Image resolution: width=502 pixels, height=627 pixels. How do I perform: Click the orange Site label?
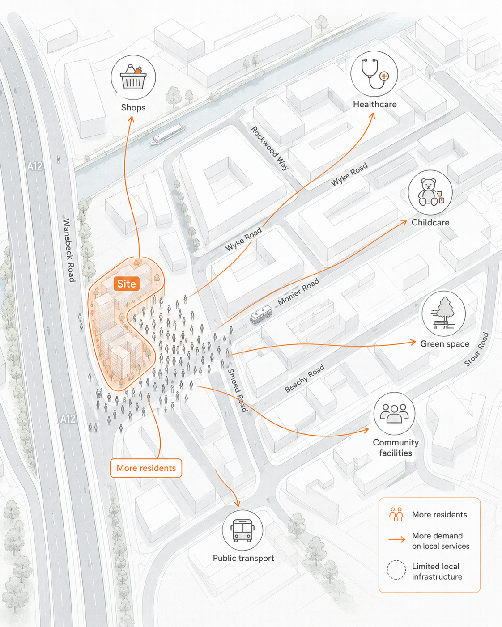pyautogui.click(x=127, y=284)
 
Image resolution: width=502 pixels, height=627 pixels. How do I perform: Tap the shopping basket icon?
pyautogui.click(x=133, y=77)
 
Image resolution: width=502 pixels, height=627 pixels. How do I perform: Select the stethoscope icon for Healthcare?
pyautogui.click(x=374, y=74)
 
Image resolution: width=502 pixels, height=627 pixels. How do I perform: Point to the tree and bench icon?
pyautogui.click(x=443, y=313)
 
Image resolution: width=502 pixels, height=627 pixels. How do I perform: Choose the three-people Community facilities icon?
pyautogui.click(x=394, y=413)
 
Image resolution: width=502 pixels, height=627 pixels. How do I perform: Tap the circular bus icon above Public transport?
pyautogui.click(x=242, y=530)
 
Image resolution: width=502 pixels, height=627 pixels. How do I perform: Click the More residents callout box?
pyautogui.click(x=146, y=468)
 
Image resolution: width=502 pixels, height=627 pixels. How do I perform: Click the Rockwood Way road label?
pyautogui.click(x=270, y=148)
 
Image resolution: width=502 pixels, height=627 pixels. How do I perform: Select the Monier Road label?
pyautogui.click(x=298, y=292)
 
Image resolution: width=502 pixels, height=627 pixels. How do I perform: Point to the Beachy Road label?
pyautogui.click(x=304, y=378)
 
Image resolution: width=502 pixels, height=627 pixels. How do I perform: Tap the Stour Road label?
pyautogui.click(x=476, y=349)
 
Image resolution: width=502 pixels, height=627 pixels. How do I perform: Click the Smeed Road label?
pyautogui.click(x=237, y=390)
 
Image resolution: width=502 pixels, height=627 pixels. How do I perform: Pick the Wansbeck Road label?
pyautogui.click(x=69, y=250)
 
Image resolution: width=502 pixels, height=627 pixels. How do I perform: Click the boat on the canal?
pyautogui.click(x=168, y=135)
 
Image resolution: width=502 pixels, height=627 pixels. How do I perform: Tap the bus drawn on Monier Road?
pyautogui.click(x=261, y=314)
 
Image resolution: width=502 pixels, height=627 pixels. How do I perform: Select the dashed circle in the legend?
pyautogui.click(x=396, y=570)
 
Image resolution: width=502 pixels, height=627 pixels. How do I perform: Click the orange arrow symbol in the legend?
pyautogui.click(x=397, y=539)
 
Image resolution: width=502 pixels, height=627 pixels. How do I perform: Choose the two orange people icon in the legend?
pyautogui.click(x=396, y=514)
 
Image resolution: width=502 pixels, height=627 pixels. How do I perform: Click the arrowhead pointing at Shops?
pyautogui.click(x=131, y=119)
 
